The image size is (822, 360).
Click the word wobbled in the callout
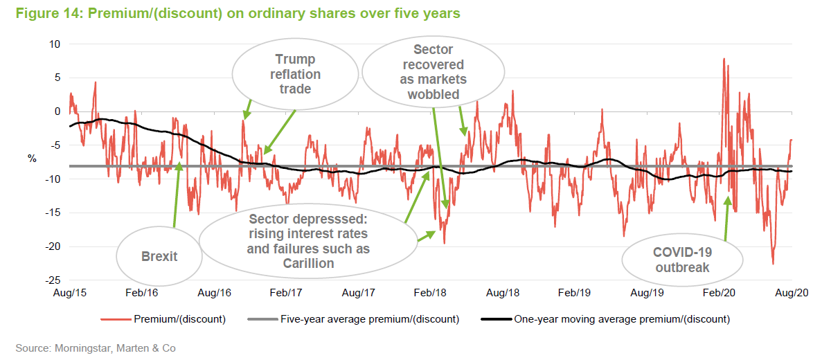click(433, 93)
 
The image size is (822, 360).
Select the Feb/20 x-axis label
click(720, 294)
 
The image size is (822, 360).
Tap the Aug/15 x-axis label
click(70, 294)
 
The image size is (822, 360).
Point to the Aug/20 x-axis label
click(792, 294)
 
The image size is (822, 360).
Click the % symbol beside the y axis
click(32, 159)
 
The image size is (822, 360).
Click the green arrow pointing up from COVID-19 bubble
click(726, 218)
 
